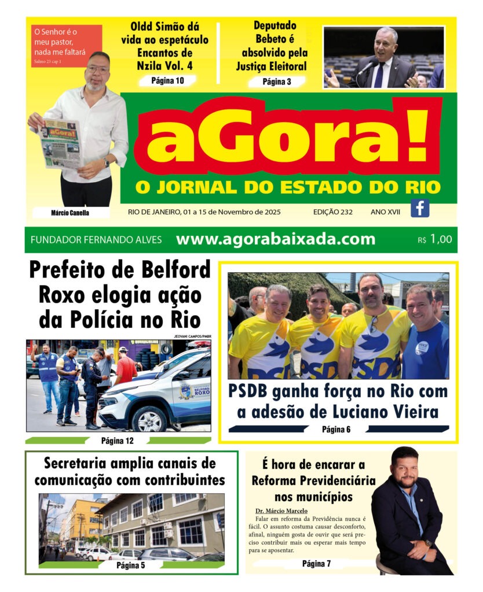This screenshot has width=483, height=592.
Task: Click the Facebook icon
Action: (420, 208)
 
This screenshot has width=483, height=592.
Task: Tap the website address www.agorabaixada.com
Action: (275, 239)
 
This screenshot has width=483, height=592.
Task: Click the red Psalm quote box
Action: (67, 46)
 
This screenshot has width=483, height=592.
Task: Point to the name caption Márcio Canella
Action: (70, 213)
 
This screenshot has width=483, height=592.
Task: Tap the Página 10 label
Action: (167, 80)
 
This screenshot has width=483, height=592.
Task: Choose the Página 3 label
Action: (277, 82)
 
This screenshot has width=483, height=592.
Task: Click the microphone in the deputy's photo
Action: (366, 67)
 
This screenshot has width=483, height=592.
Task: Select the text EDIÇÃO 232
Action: (332, 212)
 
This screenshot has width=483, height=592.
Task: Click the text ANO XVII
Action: (385, 212)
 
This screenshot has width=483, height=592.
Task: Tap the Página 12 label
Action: (118, 441)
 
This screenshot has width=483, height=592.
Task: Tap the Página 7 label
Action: (316, 564)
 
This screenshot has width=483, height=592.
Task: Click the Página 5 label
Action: (130, 565)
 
